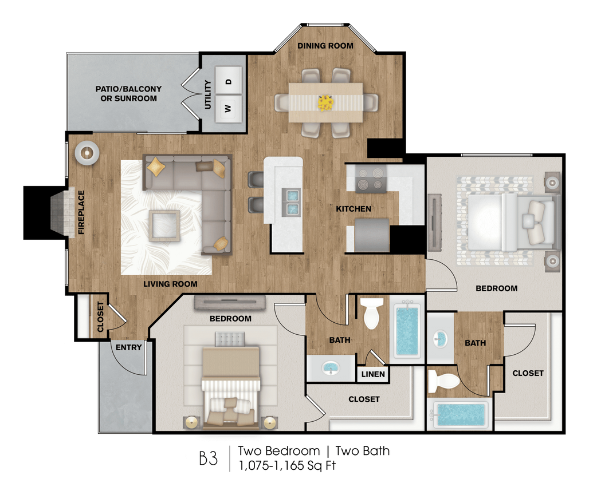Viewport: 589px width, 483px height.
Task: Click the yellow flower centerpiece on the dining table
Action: tap(326, 102)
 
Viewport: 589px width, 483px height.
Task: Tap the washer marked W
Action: tap(228, 108)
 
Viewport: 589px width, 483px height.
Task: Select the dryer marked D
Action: tap(228, 81)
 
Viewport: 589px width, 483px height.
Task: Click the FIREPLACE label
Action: tap(81, 212)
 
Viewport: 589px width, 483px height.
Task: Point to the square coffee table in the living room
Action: tap(164, 225)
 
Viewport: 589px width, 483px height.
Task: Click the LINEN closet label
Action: tap(373, 375)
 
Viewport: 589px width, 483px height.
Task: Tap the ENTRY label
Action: tap(129, 347)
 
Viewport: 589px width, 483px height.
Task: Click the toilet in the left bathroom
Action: tap(372, 314)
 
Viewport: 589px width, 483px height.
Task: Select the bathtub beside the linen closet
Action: tap(407, 331)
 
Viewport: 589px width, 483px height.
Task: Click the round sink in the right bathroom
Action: tap(441, 338)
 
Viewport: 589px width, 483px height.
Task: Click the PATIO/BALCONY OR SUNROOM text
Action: tap(128, 94)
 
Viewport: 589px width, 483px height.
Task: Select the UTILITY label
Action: tap(207, 94)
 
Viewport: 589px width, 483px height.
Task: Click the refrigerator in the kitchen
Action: tap(371, 235)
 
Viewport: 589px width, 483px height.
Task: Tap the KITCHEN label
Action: tap(353, 209)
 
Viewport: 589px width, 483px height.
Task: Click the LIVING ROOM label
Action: tap(170, 284)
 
